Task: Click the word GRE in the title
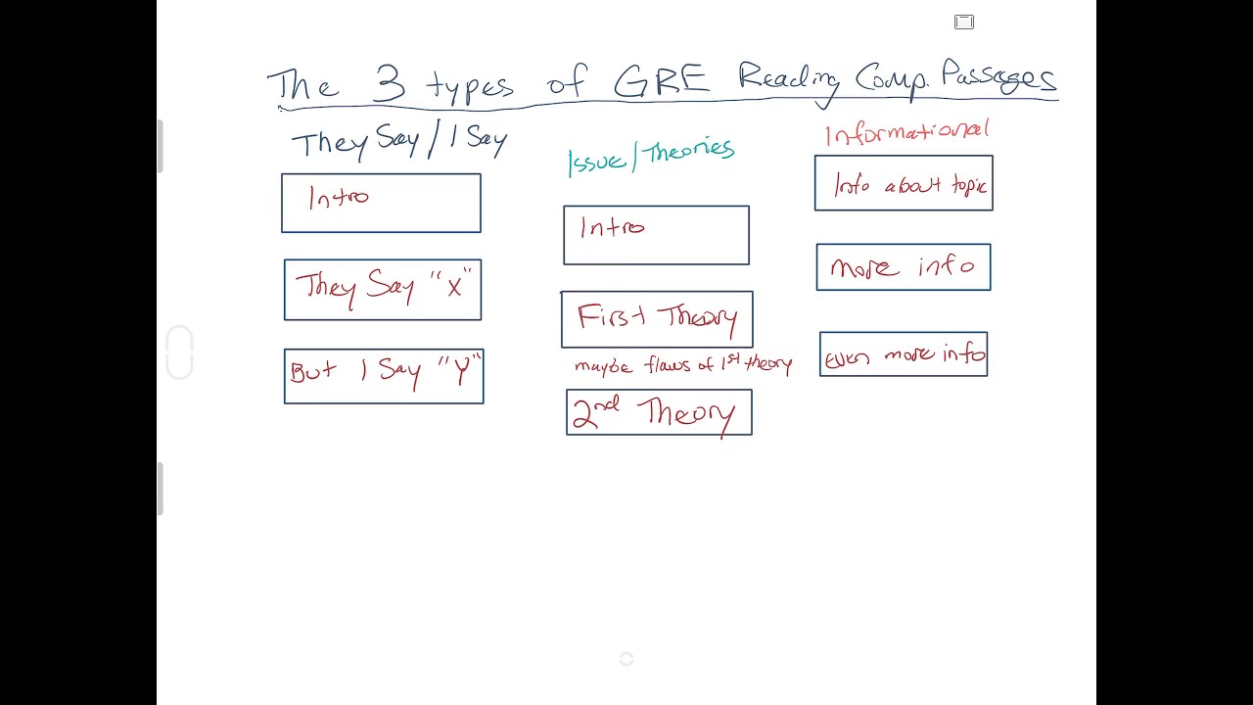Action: coord(661,81)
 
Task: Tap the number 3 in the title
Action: coord(390,83)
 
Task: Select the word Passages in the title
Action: coord(999,77)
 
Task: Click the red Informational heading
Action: coord(907,132)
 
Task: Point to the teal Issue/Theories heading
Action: coord(651,156)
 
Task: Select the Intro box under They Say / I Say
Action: coord(381,203)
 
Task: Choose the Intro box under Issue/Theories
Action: coord(656,235)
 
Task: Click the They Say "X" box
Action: coord(383,290)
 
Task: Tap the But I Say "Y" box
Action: coord(384,376)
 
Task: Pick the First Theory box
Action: coord(657,319)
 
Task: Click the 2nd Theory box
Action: coord(659,412)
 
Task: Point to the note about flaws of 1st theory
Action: coord(683,365)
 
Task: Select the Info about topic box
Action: coord(904,183)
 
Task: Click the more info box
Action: coord(904,267)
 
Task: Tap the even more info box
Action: coord(904,354)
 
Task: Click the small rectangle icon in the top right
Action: coord(964,22)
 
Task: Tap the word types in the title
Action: coord(470,87)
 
